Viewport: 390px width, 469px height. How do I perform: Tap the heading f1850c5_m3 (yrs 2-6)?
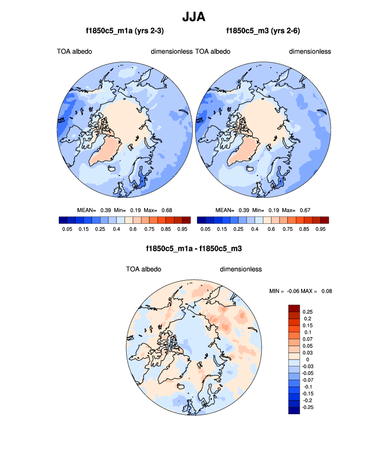click(263, 31)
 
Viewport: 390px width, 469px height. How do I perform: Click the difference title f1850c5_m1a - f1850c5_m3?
click(194, 248)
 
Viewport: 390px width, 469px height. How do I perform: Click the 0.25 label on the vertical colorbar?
click(308, 312)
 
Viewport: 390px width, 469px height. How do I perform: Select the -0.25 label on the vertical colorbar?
click(308, 407)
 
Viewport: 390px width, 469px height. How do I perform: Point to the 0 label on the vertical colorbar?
click(304, 359)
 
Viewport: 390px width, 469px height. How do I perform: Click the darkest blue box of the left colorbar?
click(62, 220)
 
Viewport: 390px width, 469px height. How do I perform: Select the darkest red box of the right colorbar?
click(325, 220)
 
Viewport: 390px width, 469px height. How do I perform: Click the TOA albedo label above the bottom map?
click(143, 269)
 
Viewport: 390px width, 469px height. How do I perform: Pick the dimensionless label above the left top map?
click(171, 52)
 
